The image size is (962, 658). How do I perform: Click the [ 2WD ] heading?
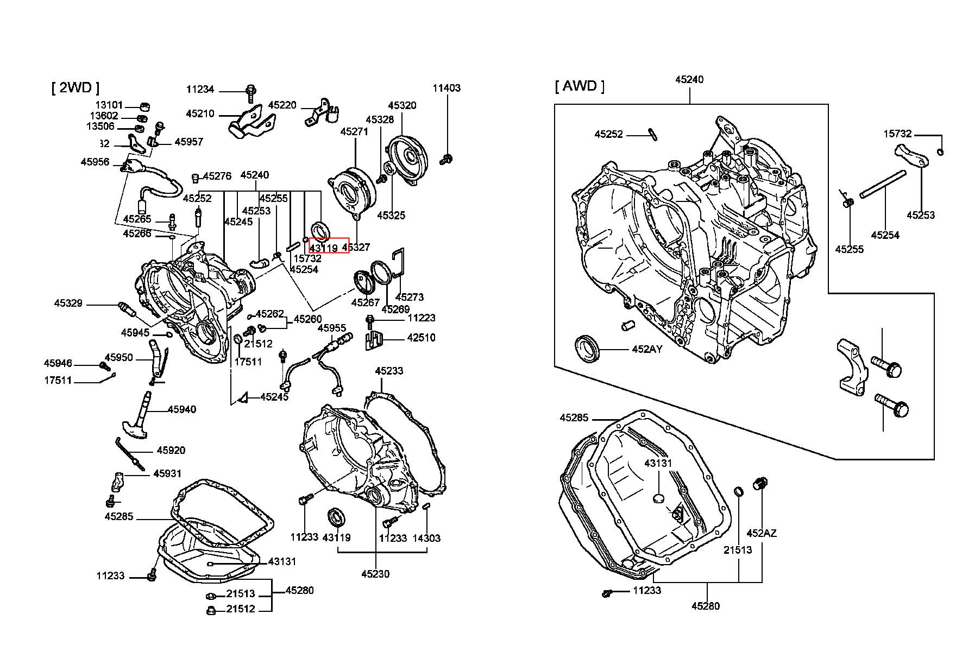click(x=76, y=88)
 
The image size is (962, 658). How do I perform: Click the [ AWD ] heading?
click(x=580, y=86)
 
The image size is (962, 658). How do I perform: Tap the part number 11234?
click(x=200, y=90)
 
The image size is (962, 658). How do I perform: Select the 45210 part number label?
click(x=200, y=114)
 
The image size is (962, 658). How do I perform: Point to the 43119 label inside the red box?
click(x=324, y=248)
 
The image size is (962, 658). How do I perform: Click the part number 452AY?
click(x=647, y=349)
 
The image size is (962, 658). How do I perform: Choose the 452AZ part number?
click(x=762, y=533)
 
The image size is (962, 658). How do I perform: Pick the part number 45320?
click(x=402, y=105)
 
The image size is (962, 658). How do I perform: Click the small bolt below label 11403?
click(x=448, y=159)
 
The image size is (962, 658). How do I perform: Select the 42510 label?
click(x=421, y=338)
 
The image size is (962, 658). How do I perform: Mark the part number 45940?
click(x=182, y=409)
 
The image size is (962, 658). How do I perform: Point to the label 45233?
click(x=389, y=371)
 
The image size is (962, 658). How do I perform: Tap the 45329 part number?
click(x=68, y=303)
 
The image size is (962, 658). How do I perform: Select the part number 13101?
click(x=109, y=105)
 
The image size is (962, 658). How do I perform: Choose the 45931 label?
click(x=167, y=473)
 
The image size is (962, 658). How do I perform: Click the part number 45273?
click(x=410, y=297)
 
